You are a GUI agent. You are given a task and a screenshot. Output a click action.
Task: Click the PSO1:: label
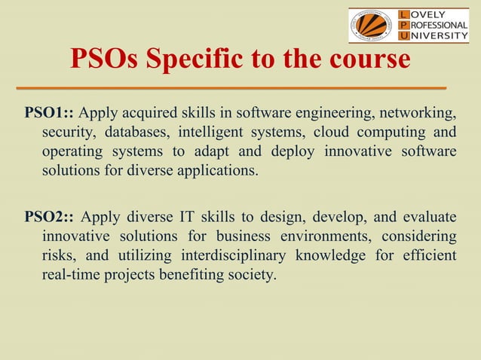click(x=49, y=114)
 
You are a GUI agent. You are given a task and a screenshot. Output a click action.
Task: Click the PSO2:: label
click(x=49, y=218)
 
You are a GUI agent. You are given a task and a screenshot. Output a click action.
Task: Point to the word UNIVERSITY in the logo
click(x=437, y=36)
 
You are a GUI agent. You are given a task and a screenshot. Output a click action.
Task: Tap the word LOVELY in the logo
click(x=432, y=14)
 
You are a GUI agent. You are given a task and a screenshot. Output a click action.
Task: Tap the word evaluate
click(x=430, y=218)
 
